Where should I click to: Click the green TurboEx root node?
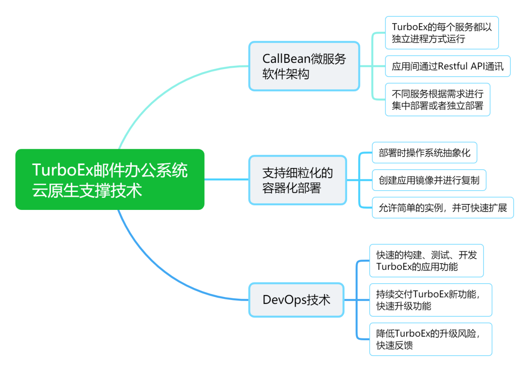coord(110,179)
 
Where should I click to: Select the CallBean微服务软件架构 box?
coord(304,66)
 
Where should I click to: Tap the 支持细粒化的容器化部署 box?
coord(298,180)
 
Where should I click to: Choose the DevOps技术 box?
coord(296,300)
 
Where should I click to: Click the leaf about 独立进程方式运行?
coord(442,33)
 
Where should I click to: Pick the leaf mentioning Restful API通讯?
coord(448,66)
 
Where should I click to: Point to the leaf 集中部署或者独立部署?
coord(437,99)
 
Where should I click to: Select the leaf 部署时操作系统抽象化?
coord(425,152)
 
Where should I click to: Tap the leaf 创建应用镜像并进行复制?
coord(429,180)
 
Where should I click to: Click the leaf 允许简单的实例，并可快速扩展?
coord(443,207)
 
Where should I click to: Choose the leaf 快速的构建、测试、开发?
coord(426,261)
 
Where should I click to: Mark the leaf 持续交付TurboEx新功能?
coord(431,300)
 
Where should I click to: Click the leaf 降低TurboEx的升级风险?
coord(431,339)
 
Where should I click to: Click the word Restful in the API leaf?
coord(453,66)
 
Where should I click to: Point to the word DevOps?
coord(285,300)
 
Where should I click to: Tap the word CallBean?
coord(286,59)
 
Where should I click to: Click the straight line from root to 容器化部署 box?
coord(226,179)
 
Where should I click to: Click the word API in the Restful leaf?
coord(478,66)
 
